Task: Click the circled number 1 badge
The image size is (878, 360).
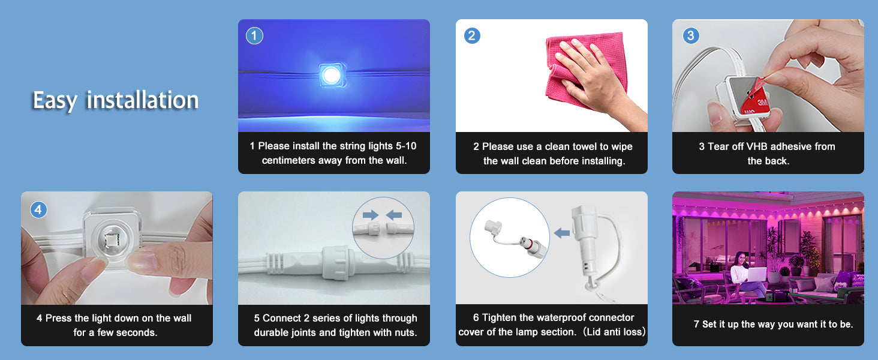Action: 254,35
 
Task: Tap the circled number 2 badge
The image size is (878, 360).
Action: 472,35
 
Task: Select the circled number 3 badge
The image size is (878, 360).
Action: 691,35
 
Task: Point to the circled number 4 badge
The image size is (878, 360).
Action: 38,210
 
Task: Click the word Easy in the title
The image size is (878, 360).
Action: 55,100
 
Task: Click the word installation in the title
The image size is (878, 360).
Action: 143,100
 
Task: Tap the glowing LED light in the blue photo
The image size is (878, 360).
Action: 331,75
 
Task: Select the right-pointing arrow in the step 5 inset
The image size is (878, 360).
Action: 371,215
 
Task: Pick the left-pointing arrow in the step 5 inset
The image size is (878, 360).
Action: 394,215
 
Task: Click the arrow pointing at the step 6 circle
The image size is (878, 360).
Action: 562,233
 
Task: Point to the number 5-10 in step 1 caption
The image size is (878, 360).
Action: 406,146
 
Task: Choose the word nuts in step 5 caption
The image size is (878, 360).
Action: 405,332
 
